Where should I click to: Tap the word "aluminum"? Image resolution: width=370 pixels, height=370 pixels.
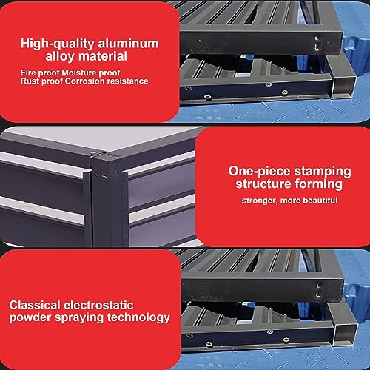(128, 44)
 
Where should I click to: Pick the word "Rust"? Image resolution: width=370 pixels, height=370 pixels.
(28, 81)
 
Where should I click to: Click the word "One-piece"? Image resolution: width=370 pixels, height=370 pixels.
(259, 172)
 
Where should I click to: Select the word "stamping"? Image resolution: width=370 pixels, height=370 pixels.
(323, 172)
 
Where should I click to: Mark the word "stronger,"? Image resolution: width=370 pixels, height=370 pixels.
(260, 201)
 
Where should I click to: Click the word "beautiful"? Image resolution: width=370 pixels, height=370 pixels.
(320, 201)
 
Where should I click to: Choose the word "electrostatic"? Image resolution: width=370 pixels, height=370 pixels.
(98, 306)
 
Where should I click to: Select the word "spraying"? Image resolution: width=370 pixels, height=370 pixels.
(79, 318)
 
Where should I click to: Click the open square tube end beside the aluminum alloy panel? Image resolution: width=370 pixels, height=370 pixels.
(344, 87)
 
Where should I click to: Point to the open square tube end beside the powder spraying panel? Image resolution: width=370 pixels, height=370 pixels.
(346, 335)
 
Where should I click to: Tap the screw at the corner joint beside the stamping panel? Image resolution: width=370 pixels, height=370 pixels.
(93, 154)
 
